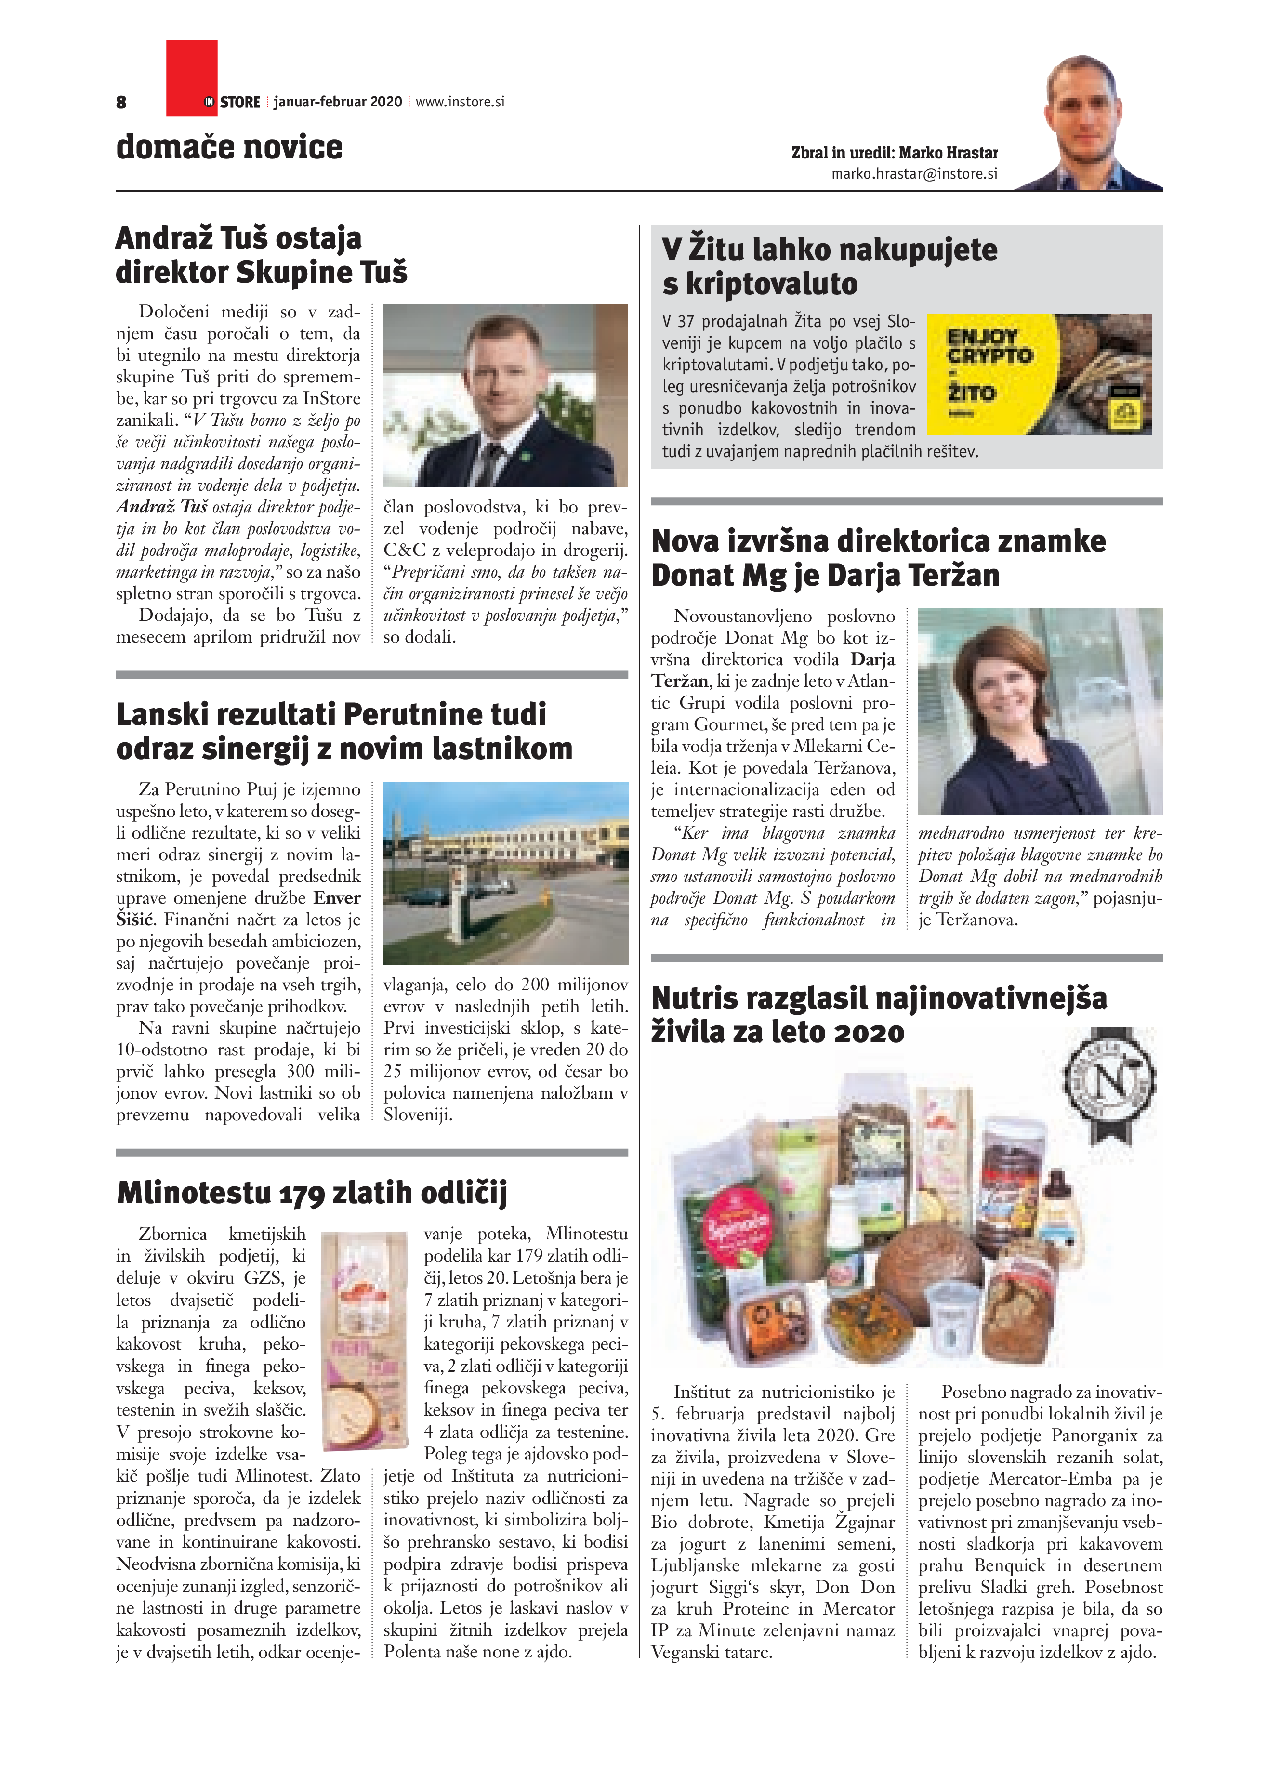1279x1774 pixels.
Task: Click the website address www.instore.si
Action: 460,102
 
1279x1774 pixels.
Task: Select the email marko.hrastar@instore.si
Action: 914,174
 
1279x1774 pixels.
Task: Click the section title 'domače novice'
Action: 229,147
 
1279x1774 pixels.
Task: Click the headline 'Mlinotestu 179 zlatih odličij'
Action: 311,1193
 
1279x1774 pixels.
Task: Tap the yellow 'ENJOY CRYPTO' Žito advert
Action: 1038,374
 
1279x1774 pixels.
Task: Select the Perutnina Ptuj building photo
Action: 505,872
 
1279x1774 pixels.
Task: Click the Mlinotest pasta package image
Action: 365,1330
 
